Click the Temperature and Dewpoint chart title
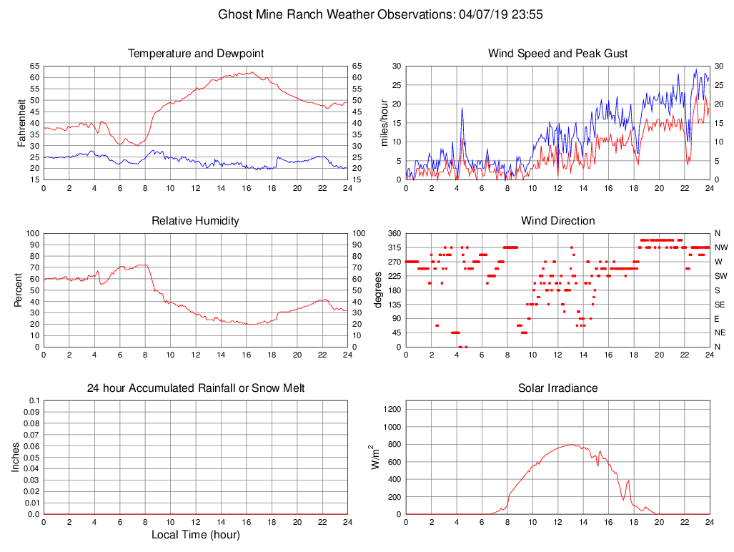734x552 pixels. point(195,54)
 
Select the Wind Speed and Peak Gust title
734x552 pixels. point(557,54)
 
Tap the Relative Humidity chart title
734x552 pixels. point(195,221)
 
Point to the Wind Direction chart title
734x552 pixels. point(557,221)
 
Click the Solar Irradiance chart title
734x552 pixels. point(557,388)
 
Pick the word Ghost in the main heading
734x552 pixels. point(235,14)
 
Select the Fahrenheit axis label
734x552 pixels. point(21,123)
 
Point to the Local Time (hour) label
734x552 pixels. point(195,535)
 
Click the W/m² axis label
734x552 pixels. point(375,458)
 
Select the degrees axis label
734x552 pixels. point(379,290)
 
